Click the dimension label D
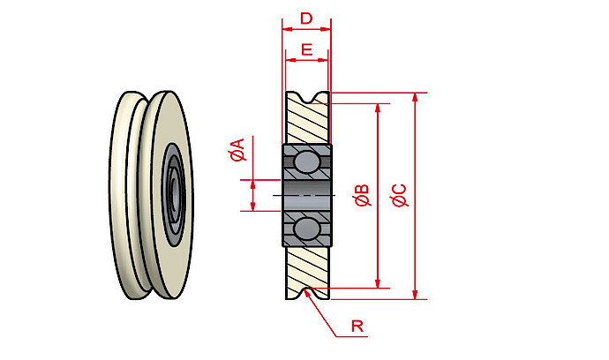[306, 19]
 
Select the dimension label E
[306, 49]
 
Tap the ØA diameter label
[237, 151]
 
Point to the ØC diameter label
[399, 196]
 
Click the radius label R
[357, 326]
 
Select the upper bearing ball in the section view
[306, 162]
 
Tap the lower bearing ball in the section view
[306, 229]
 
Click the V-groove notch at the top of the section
[307, 98]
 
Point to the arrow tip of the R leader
[305, 294]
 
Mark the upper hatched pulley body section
[307, 122]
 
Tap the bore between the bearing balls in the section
[306, 195]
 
